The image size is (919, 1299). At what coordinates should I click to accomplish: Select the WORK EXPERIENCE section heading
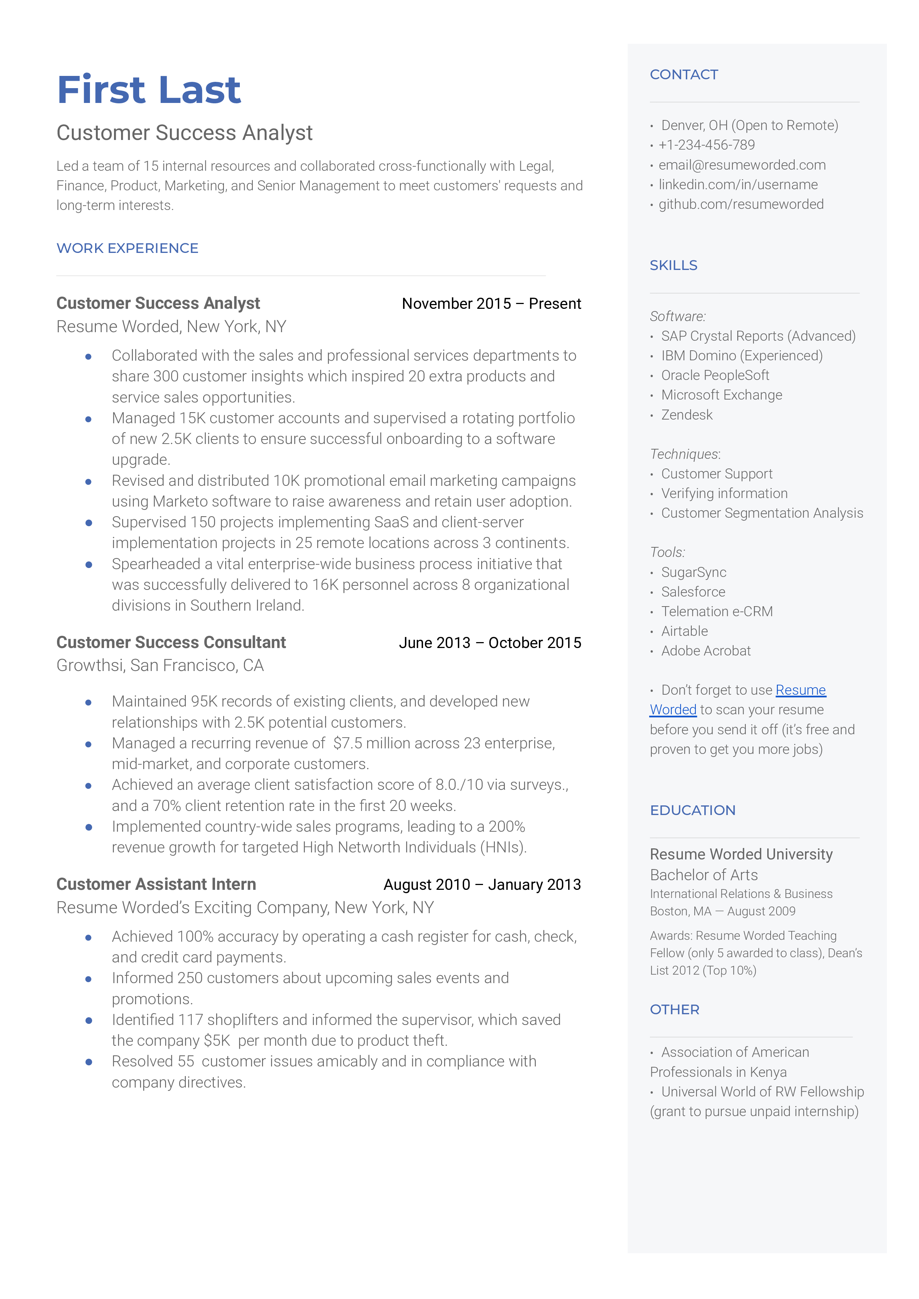[x=127, y=248]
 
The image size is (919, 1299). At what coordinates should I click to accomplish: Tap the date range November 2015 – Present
[x=491, y=304]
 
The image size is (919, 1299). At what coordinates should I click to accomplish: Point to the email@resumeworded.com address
[x=741, y=165]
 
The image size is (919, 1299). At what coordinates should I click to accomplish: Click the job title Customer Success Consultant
[x=171, y=642]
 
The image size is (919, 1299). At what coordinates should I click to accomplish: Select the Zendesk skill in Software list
[x=687, y=415]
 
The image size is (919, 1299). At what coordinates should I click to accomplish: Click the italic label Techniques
[x=684, y=454]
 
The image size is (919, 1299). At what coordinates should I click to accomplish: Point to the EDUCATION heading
[x=692, y=811]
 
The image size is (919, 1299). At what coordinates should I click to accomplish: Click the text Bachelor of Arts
[x=703, y=875]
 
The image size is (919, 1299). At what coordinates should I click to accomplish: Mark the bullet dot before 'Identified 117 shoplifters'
[x=88, y=1021]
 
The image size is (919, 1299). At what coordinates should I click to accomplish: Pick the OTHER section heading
[x=674, y=1010]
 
